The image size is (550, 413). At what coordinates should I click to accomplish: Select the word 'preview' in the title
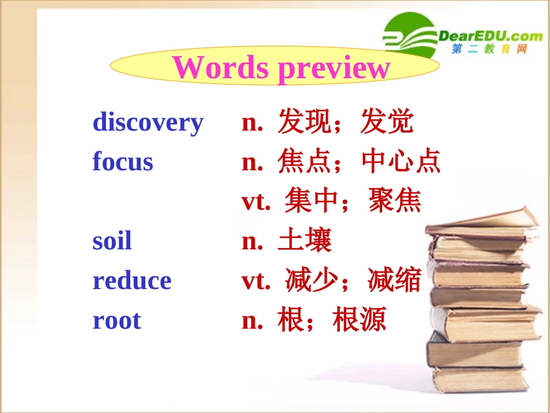(x=334, y=68)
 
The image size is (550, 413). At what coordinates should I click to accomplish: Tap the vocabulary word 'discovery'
(x=148, y=122)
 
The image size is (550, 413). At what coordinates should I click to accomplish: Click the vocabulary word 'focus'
(x=123, y=162)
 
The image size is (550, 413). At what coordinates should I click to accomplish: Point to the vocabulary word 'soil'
(x=112, y=241)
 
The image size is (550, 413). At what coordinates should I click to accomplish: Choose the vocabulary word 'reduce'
(x=132, y=280)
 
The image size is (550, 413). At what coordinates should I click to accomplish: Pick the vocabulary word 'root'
(x=116, y=320)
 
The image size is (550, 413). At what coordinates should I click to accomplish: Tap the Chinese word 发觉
(x=387, y=122)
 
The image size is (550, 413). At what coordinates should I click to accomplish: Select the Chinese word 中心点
(x=401, y=162)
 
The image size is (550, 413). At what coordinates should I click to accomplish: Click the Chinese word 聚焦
(x=395, y=201)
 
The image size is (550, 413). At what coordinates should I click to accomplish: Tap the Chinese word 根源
(x=360, y=320)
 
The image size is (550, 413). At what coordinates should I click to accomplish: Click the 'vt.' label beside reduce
(x=256, y=281)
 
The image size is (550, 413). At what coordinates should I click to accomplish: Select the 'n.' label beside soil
(x=252, y=241)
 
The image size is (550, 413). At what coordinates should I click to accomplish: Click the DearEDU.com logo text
(x=490, y=36)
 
